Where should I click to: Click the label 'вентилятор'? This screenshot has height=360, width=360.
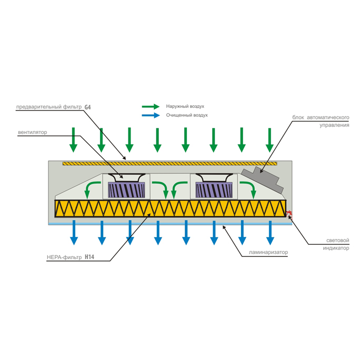click(x=33, y=132)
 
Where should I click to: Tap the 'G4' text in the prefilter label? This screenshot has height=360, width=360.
click(x=88, y=107)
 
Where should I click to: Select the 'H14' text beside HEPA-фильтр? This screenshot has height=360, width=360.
click(x=89, y=257)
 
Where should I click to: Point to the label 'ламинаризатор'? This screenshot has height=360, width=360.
click(x=268, y=252)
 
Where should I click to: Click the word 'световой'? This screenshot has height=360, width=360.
click(x=338, y=241)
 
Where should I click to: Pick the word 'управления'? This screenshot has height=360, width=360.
click(x=334, y=125)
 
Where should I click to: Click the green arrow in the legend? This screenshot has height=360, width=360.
click(x=151, y=106)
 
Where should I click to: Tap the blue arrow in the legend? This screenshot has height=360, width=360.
click(x=151, y=115)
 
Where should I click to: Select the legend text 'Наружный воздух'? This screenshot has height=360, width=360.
click(x=185, y=106)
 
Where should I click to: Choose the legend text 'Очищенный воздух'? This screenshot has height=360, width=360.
click(x=187, y=115)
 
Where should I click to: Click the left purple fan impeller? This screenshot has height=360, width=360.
click(x=126, y=190)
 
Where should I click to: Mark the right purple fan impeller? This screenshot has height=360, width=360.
click(x=214, y=190)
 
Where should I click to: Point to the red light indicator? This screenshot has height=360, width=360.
click(x=290, y=215)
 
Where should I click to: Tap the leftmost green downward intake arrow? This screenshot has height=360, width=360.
click(x=73, y=140)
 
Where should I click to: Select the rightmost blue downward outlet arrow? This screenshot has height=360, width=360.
click(x=270, y=233)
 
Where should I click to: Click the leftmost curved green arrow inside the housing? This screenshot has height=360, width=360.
click(x=91, y=189)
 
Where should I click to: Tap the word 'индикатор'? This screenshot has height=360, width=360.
click(x=336, y=248)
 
